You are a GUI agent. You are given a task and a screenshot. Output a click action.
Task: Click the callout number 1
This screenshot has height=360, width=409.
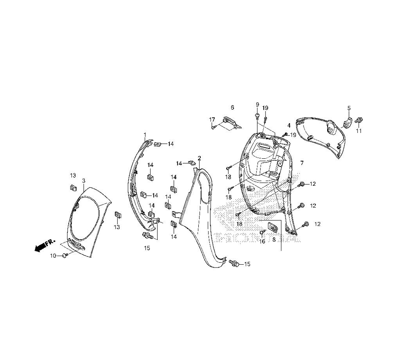145,134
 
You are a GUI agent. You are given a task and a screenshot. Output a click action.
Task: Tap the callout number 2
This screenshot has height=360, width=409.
199,158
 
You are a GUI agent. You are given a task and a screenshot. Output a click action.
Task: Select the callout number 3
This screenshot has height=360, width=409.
83,181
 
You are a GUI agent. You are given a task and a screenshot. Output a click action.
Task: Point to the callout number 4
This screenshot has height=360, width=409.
289,126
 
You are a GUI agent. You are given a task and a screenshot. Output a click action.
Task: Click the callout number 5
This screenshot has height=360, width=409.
349,108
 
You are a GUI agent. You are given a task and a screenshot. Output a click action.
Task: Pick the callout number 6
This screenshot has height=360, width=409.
232,107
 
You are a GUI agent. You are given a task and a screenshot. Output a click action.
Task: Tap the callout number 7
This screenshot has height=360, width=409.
302,163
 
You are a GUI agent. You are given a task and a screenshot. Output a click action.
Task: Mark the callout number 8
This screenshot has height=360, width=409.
274,239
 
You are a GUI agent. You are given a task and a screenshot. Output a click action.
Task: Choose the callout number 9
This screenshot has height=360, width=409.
257,105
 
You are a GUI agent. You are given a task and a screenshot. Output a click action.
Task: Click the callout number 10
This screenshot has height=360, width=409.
53,256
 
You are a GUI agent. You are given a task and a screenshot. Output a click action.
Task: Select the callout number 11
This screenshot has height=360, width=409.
359,131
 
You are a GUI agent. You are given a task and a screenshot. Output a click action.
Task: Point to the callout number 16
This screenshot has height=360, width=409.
263,241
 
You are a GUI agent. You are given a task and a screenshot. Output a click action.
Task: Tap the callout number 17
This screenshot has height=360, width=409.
212,119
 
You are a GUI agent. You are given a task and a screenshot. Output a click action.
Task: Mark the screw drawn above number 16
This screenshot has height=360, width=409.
262,232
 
